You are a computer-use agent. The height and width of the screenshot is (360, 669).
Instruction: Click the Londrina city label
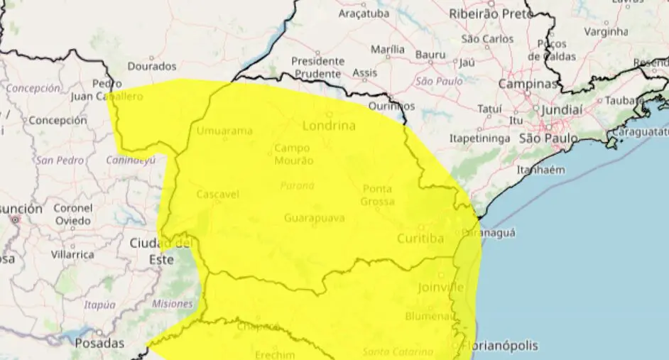(x=329, y=126)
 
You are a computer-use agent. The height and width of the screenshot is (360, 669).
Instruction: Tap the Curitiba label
(x=420, y=239)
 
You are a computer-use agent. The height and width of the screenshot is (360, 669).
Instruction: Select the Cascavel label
(x=217, y=194)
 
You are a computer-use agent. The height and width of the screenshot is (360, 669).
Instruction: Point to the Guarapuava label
(x=314, y=218)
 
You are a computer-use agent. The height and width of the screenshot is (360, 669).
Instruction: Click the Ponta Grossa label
(x=377, y=195)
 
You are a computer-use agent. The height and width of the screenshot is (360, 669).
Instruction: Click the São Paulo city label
(x=548, y=138)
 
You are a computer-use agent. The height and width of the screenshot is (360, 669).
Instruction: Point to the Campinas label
(x=528, y=84)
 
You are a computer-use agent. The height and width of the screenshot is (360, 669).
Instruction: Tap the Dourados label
(x=151, y=67)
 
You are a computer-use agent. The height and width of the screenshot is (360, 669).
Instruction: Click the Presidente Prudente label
(x=317, y=67)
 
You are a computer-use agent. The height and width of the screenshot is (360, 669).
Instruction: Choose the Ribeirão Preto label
(x=491, y=13)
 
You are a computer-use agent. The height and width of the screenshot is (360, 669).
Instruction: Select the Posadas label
(x=99, y=344)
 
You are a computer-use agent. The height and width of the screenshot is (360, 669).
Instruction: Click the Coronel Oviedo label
(x=72, y=214)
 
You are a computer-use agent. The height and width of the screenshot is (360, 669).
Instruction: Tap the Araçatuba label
(x=363, y=13)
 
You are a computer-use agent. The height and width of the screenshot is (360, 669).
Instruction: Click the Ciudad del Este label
(x=161, y=251)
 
